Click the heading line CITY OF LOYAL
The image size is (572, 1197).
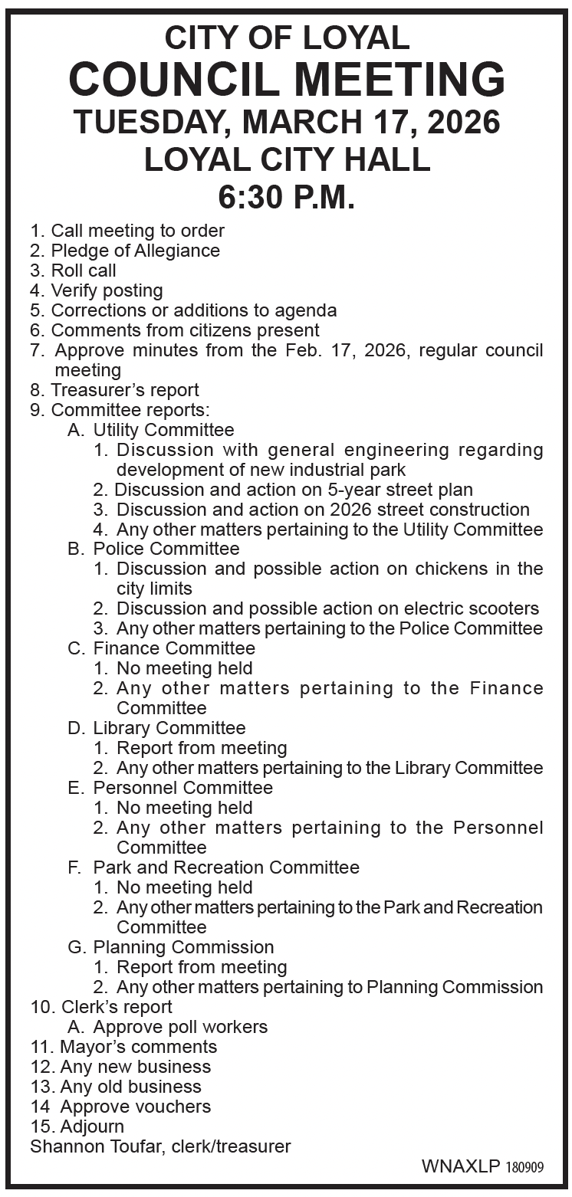click(x=287, y=38)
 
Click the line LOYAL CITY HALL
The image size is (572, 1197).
click(x=286, y=160)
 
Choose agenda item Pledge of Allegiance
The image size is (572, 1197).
click(x=135, y=251)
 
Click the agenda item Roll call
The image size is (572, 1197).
click(x=84, y=271)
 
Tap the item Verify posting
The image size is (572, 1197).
click(x=107, y=290)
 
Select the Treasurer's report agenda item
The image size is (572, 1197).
click(x=124, y=390)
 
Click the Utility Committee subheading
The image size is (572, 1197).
click(x=163, y=430)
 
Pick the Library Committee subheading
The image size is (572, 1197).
click(x=169, y=728)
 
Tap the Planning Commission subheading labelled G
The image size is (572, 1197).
click(x=183, y=947)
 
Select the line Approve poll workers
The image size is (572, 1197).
click(x=180, y=1027)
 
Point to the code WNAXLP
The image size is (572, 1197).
click(x=461, y=1166)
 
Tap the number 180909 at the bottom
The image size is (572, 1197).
click(x=524, y=1167)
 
